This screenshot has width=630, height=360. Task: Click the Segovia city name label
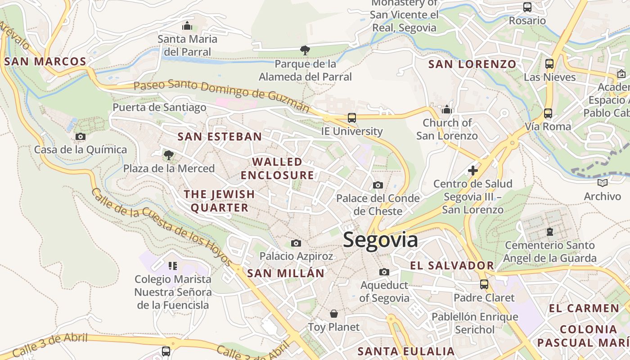[x=380, y=240]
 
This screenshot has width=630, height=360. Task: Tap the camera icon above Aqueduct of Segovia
[x=384, y=272]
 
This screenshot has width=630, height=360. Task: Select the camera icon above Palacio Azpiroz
[x=296, y=243]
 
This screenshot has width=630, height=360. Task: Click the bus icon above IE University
[x=351, y=118]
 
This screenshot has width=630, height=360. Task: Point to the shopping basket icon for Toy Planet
[x=333, y=314]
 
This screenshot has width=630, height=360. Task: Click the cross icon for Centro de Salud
[x=472, y=171]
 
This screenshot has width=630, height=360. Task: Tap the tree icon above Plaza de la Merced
[x=168, y=155]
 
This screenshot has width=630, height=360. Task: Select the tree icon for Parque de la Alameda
[x=305, y=50]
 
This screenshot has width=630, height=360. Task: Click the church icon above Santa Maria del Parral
[x=187, y=26]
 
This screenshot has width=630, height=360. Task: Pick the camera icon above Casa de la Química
[x=80, y=136]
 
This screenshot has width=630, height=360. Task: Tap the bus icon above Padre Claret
[x=484, y=284]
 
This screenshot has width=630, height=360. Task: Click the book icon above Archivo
[x=602, y=183]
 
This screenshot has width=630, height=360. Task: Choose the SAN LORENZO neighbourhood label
[x=472, y=64]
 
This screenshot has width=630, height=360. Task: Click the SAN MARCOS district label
[x=45, y=62]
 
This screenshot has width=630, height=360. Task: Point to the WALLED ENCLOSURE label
[x=277, y=168]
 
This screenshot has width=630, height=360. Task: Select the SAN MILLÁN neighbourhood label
[x=286, y=273]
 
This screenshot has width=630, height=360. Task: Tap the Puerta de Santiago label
[x=159, y=107]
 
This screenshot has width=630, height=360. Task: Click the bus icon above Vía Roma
[x=548, y=113]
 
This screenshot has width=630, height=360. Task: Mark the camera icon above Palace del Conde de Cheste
[x=378, y=185]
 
